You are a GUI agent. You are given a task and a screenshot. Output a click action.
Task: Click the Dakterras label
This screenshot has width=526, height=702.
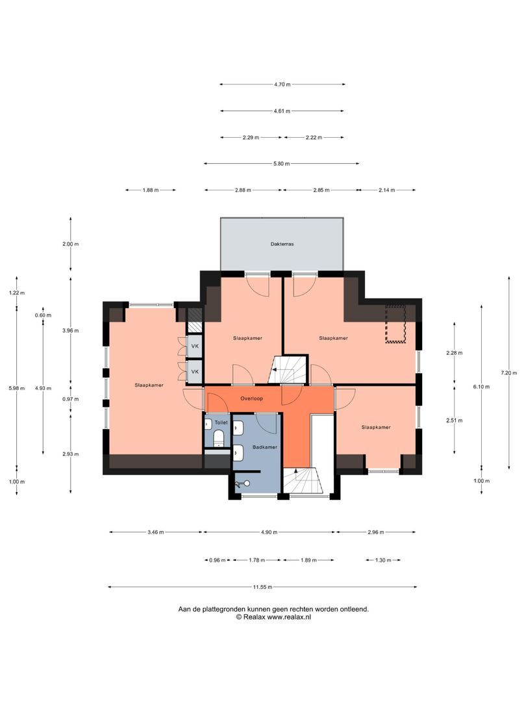click(282, 244)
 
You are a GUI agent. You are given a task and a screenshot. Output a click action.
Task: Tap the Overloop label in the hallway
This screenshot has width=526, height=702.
click(251, 398)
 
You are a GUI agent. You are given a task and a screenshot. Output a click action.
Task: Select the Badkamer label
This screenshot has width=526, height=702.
click(265, 447)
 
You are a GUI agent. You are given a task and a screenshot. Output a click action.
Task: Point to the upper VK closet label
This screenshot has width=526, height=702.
click(194, 346)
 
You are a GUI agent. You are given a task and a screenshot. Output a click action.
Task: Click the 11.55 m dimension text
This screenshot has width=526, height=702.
click(263, 587)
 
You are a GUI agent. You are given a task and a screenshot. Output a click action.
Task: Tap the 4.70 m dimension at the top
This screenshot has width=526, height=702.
click(282, 84)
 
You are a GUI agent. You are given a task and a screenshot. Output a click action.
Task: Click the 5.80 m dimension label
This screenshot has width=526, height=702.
click(282, 163)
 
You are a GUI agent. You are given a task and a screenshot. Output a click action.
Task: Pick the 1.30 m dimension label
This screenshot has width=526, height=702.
click(383, 560)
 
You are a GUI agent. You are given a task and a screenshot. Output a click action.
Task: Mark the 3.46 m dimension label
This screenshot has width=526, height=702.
click(156, 532)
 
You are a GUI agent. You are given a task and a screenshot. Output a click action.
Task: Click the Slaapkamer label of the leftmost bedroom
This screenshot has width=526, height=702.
click(149, 385)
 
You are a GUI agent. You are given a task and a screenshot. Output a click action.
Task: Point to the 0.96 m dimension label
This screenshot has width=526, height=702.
click(217, 560)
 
